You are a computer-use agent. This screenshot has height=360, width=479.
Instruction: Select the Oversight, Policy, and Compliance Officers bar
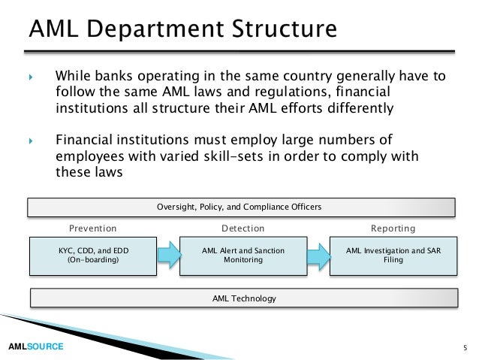click(242, 207)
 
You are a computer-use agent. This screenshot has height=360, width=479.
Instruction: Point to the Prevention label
click(93, 228)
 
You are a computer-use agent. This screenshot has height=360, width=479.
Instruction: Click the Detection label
click(243, 228)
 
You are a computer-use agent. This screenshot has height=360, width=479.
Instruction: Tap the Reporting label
click(393, 228)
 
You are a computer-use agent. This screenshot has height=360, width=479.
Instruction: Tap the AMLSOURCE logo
click(35, 346)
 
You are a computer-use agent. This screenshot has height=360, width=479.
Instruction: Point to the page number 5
click(465, 347)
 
